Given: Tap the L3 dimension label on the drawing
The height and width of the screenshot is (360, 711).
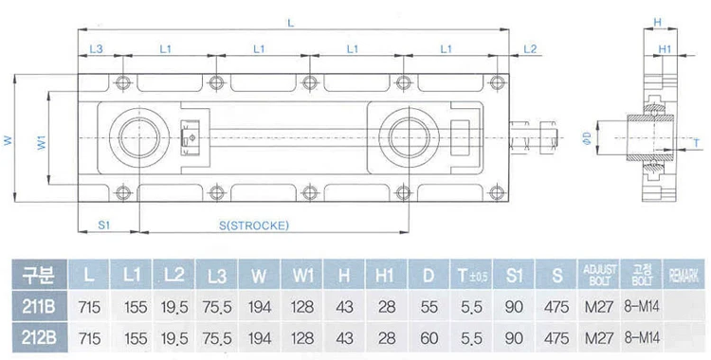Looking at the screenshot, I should pos(96,47).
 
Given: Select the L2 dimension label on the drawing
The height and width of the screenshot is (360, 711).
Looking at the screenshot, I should pos(530,47).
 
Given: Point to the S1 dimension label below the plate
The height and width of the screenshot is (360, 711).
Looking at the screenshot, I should pos(105,225).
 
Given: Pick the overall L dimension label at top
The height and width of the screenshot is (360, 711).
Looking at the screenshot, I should pos(290,21).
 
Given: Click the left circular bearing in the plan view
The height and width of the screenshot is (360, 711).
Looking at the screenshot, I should pos(141,138).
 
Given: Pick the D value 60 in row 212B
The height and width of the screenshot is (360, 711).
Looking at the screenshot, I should pos(428,338).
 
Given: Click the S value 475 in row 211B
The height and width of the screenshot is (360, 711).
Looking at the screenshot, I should pos(557,309).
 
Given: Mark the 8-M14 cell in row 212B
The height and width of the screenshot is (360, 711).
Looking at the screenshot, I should pos(641,338).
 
